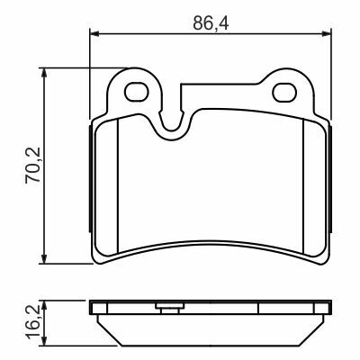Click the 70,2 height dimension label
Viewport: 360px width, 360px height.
point(32,166)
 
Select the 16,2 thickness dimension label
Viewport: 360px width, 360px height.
point(32,321)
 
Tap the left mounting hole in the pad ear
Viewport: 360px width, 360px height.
point(137,92)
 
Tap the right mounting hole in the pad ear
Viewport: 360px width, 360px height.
point(284,92)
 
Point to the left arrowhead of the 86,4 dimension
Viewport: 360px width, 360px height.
point(94,33)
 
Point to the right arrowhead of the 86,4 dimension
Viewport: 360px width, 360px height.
point(327,33)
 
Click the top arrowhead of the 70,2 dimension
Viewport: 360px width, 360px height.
point(44,72)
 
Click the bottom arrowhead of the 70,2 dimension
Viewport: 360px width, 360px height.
point(44,259)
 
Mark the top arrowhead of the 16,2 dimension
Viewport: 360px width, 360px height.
point(44,304)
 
